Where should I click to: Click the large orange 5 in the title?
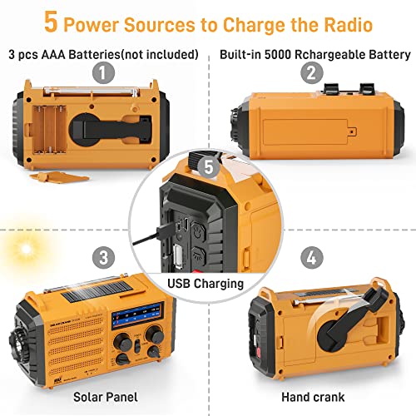coord(51,22)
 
